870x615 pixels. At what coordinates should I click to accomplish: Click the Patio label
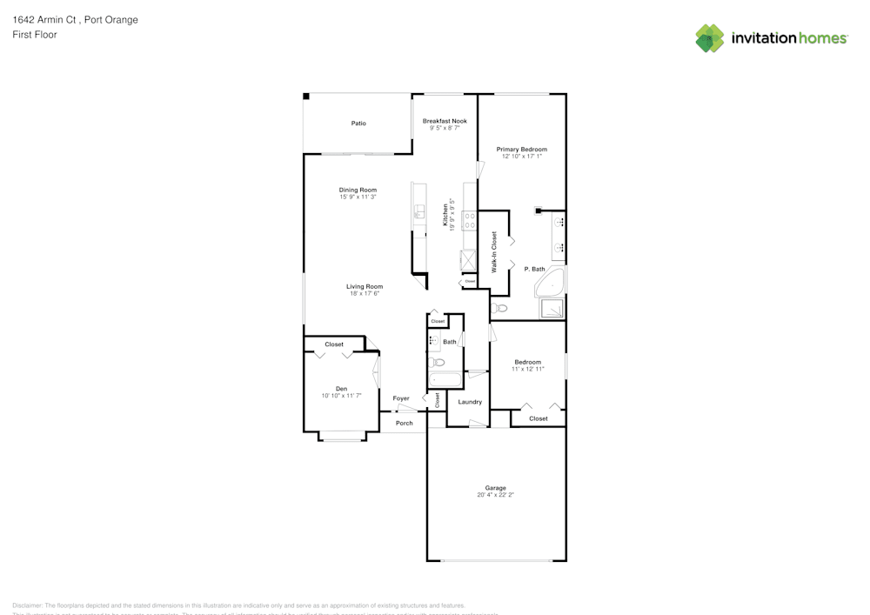pyautogui.click(x=358, y=124)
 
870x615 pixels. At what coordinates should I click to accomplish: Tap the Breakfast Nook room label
pyautogui.click(x=445, y=121)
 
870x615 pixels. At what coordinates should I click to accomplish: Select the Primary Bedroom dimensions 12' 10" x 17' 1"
pyautogui.click(x=522, y=157)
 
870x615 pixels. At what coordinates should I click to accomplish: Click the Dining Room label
pyautogui.click(x=358, y=190)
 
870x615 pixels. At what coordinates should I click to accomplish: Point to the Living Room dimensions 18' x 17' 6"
pyautogui.click(x=365, y=294)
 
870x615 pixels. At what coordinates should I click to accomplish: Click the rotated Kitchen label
pyautogui.click(x=445, y=214)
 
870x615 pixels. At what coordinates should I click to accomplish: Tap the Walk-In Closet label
pyautogui.click(x=494, y=252)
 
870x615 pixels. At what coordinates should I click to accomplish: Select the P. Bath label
pyautogui.click(x=534, y=270)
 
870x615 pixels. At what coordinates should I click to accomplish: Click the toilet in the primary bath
pyautogui.click(x=499, y=308)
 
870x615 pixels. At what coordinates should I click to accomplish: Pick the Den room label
pyautogui.click(x=341, y=389)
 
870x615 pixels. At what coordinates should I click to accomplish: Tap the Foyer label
pyautogui.click(x=401, y=398)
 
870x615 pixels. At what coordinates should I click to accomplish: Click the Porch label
pyautogui.click(x=405, y=424)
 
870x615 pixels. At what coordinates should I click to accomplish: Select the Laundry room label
pyautogui.click(x=470, y=402)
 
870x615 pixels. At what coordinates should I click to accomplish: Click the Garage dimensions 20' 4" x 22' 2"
pyautogui.click(x=496, y=495)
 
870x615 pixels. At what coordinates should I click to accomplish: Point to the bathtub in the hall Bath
pyautogui.click(x=445, y=379)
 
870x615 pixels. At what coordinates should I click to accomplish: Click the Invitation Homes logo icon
pyautogui.click(x=710, y=38)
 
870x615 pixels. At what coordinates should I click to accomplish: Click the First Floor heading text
pyautogui.click(x=35, y=35)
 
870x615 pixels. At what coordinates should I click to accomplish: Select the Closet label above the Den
pyautogui.click(x=334, y=344)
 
